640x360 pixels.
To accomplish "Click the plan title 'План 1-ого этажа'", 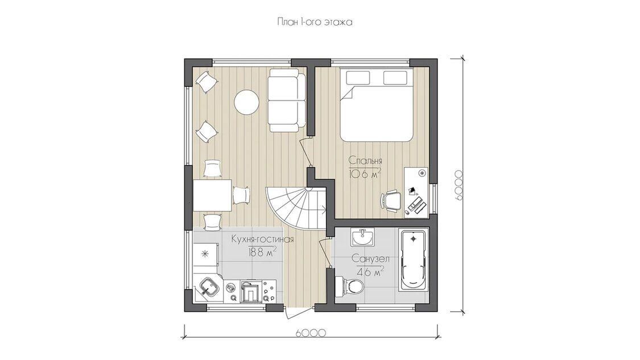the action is [x=314, y=22].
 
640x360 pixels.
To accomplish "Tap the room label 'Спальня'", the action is [x=365, y=160].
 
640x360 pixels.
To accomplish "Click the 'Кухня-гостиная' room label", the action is [x=262, y=239].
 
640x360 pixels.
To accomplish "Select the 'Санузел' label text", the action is [x=370, y=259].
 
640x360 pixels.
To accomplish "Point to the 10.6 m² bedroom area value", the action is [x=365, y=173].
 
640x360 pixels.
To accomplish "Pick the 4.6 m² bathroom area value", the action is [x=370, y=271].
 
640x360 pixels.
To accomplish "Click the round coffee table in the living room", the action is [x=246, y=102].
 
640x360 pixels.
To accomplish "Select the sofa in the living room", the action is [x=287, y=101].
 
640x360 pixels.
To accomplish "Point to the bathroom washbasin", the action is [x=362, y=237].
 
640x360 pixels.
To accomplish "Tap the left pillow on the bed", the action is [x=358, y=77].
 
